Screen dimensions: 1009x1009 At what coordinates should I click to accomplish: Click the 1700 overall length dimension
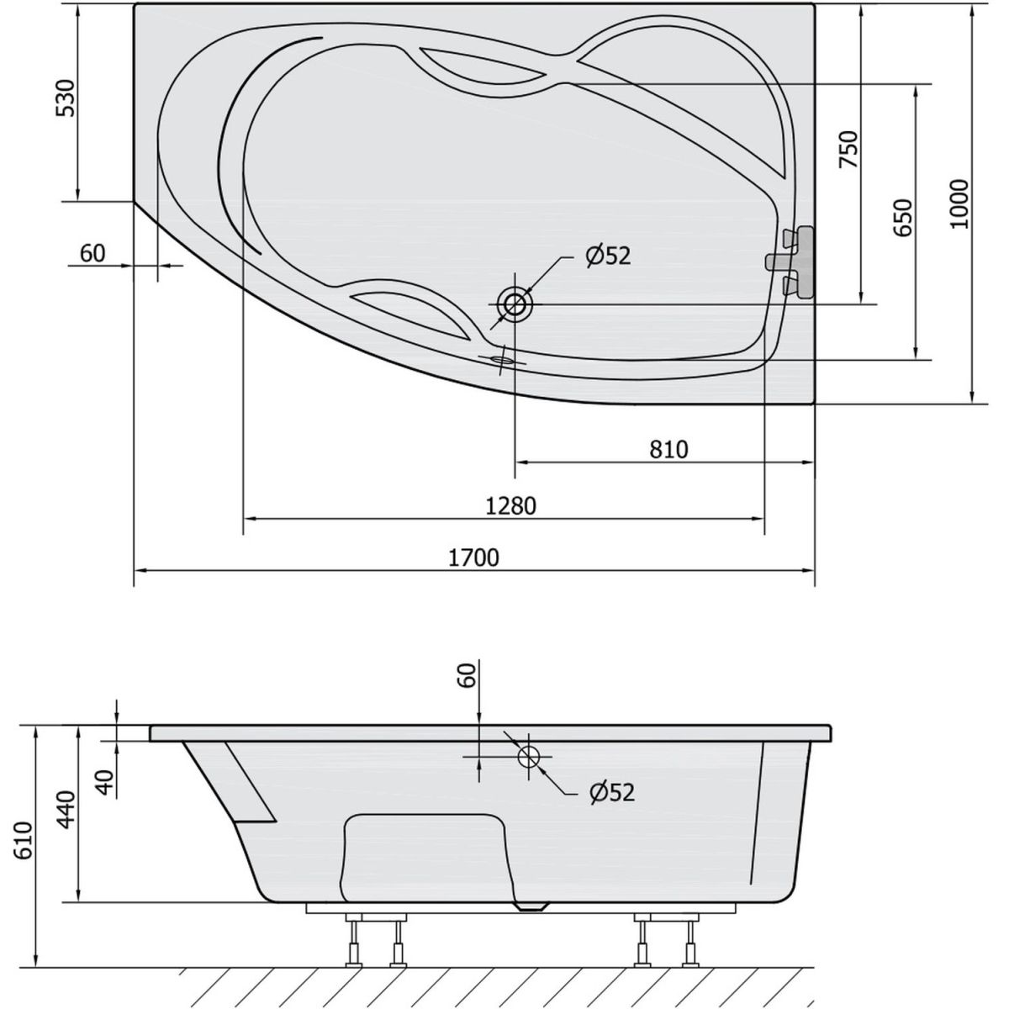(x=473, y=557)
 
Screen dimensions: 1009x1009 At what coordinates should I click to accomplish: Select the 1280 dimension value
(x=511, y=506)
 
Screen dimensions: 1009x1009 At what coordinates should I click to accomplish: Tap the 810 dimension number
(x=668, y=449)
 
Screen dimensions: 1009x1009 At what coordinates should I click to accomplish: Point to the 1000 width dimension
(x=959, y=204)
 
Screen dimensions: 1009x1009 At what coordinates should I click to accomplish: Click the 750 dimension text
(x=848, y=149)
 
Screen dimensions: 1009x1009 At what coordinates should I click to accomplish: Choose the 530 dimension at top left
(x=66, y=98)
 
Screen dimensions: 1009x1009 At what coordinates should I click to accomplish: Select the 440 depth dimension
(x=66, y=810)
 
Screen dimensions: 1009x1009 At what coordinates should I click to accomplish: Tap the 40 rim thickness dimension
(x=107, y=782)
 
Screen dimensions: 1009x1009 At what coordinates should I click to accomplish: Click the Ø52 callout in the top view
(x=608, y=256)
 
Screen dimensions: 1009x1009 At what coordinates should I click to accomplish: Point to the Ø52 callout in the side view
(x=611, y=792)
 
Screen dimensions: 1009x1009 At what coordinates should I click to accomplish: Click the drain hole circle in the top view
(x=515, y=304)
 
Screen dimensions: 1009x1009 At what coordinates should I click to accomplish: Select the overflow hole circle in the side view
(x=529, y=756)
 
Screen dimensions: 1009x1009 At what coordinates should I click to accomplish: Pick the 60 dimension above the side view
(x=468, y=675)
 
